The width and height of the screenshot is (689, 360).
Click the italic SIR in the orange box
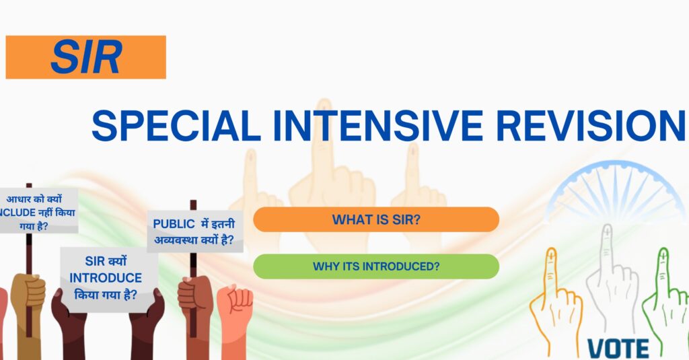point(86,57)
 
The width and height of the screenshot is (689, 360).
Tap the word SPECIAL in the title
point(176,126)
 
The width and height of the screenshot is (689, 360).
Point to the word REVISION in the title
point(591,126)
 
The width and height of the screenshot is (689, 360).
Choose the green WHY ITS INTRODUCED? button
point(376,266)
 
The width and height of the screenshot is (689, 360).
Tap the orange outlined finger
point(554,303)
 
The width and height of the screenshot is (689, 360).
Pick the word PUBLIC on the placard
point(174,224)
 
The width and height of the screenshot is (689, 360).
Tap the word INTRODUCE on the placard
point(106,278)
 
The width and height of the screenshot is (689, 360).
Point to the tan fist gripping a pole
point(28,292)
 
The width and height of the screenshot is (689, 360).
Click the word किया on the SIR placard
point(86,295)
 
